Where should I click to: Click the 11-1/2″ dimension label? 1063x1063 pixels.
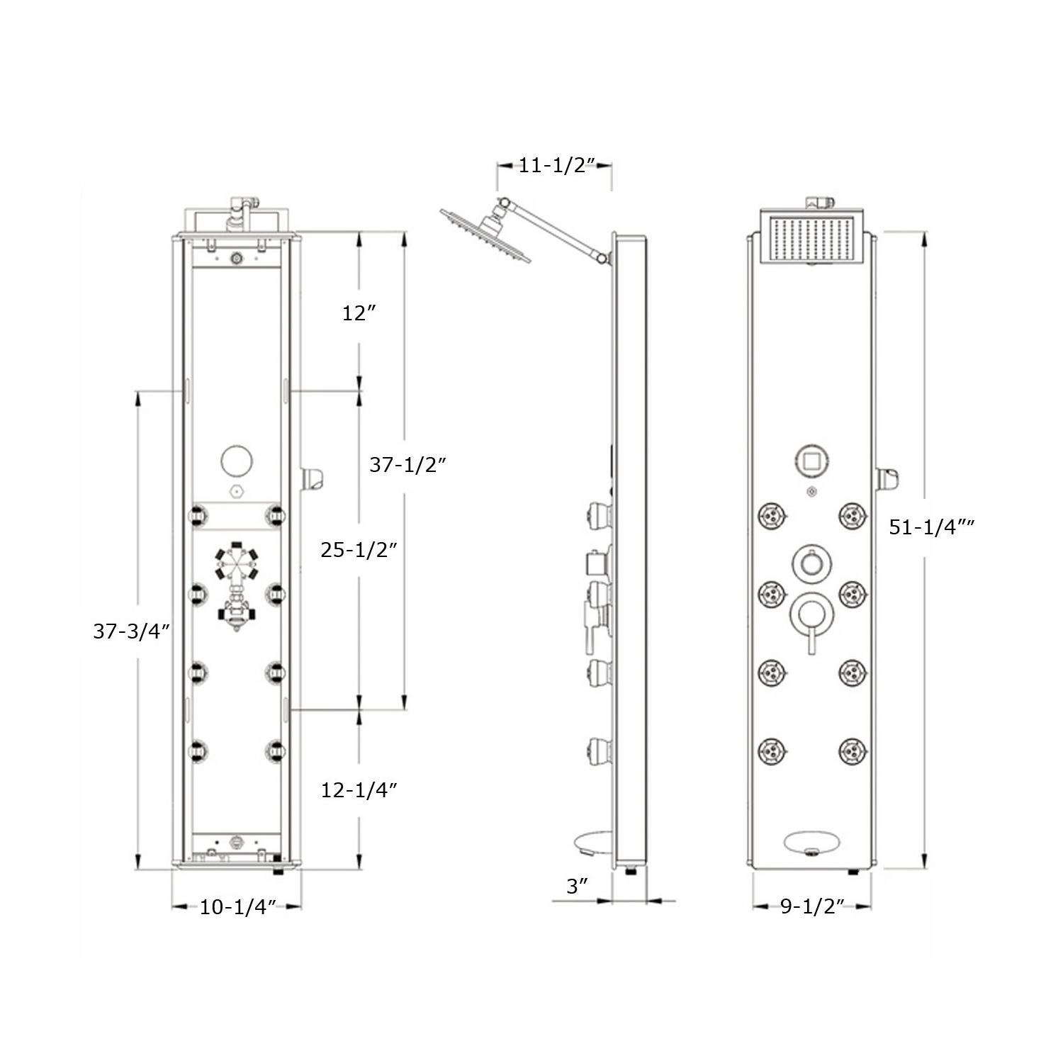555,166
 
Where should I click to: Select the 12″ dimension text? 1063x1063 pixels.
359,313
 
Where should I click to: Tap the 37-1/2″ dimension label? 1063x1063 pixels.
407,465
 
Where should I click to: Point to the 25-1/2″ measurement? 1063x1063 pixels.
359,549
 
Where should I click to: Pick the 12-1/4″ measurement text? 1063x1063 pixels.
359,790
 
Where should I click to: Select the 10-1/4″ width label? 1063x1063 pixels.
237,906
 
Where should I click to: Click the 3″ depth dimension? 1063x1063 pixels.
578,886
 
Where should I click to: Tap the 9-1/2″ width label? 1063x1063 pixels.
812,906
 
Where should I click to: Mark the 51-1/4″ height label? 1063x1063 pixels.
932,527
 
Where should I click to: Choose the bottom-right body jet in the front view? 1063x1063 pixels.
853,750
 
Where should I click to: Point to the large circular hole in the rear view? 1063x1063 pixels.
237,461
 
